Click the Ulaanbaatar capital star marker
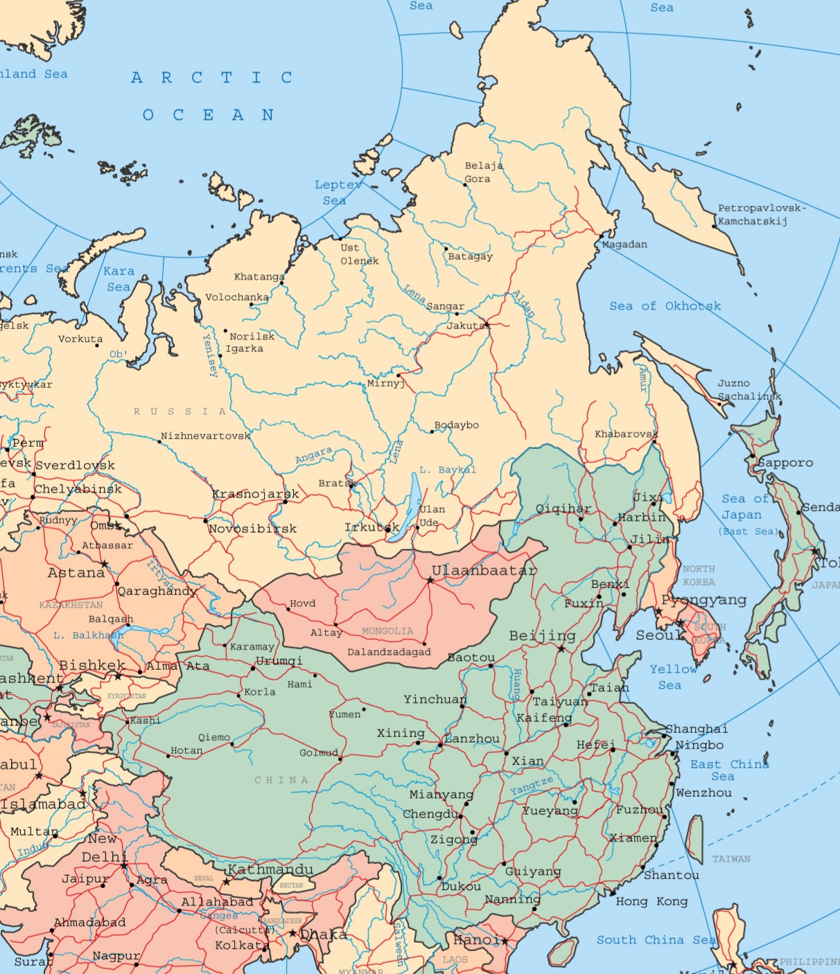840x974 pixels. tap(430, 580)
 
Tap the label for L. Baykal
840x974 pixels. tap(448, 470)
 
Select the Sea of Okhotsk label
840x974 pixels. tap(665, 306)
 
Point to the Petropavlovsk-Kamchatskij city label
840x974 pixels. tap(761, 215)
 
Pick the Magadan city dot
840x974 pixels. tap(601, 237)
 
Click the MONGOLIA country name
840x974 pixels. tap(387, 631)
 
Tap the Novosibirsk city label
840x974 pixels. tap(253, 529)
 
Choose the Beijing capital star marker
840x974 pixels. tap(561, 648)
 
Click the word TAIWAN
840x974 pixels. tap(731, 859)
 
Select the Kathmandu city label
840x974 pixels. tap(270, 869)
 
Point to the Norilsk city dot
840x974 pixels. tap(225, 331)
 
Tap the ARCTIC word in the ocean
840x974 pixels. tap(212, 78)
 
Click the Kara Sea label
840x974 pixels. tap(119, 278)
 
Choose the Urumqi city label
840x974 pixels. tap(279, 660)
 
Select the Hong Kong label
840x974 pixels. tap(651, 901)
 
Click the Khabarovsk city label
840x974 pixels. tap(626, 434)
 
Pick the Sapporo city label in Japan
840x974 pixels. tap(785, 463)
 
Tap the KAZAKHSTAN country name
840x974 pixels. tap(71, 605)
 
